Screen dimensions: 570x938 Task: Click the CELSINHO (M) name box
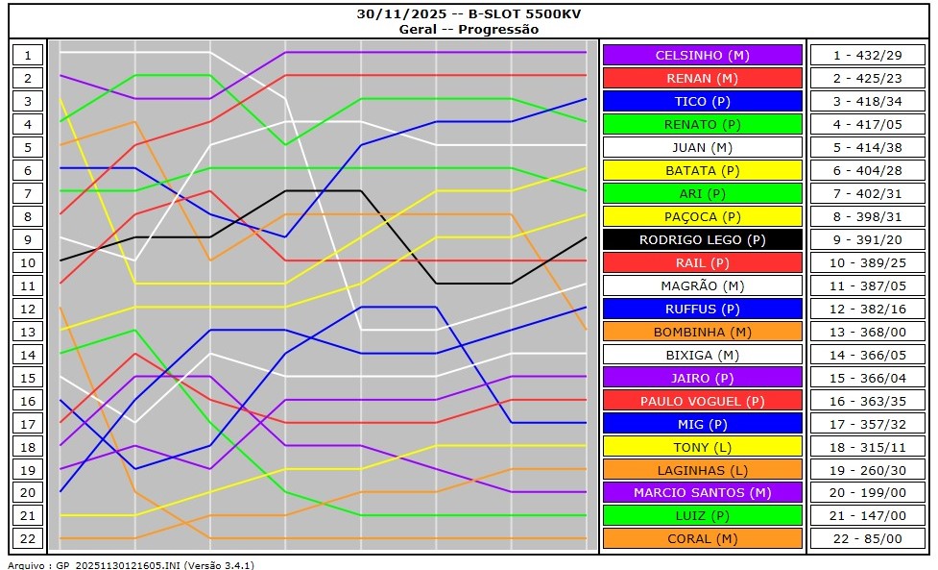pos(702,55)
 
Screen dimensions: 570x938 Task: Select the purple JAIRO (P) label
pos(702,378)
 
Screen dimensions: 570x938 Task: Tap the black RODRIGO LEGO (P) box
pos(702,239)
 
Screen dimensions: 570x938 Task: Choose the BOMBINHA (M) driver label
pos(702,332)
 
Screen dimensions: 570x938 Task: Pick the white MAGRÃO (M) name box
pos(702,285)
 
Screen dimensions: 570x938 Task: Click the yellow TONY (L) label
pos(702,447)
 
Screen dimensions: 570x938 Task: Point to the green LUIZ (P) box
pos(702,516)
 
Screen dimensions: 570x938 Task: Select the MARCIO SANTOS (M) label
pos(702,492)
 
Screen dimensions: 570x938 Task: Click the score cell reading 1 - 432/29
pos(867,55)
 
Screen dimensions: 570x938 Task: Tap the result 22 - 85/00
pos(867,539)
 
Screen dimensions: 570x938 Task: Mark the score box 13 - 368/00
pos(867,332)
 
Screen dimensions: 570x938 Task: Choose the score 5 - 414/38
pos(867,147)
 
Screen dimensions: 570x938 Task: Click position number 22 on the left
pos(28,539)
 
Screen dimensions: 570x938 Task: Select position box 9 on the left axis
pos(28,239)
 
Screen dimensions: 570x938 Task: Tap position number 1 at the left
pos(28,55)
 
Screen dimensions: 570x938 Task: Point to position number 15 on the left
pos(28,378)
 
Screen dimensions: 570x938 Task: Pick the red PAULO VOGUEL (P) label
pos(702,401)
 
